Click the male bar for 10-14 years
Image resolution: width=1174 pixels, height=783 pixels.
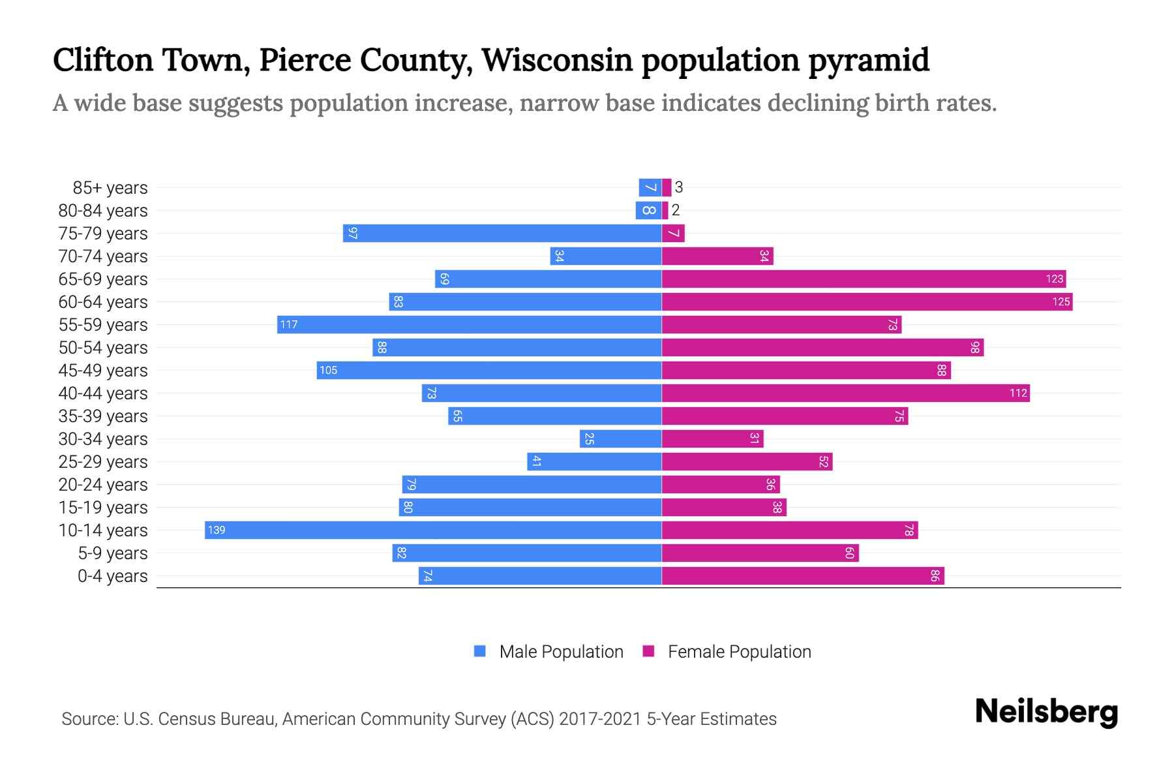coord(433,530)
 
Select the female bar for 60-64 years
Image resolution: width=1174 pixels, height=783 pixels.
coord(867,301)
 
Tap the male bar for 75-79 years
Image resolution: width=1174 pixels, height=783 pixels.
coord(502,233)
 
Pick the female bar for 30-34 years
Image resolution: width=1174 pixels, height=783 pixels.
coord(712,438)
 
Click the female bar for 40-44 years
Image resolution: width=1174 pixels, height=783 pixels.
coord(845,393)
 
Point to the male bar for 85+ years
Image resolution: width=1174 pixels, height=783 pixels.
coord(650,187)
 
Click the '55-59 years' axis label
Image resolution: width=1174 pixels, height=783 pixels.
coord(103,325)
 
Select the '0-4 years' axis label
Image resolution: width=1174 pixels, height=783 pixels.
coord(112,576)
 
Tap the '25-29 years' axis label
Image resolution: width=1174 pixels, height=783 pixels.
coord(103,462)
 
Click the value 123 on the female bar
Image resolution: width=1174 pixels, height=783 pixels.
coord(1054,279)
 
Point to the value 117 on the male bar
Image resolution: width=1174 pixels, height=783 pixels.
coord(288,325)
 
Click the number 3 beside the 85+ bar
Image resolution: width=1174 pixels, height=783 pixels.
coord(679,187)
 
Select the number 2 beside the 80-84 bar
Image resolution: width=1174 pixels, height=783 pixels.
coord(676,210)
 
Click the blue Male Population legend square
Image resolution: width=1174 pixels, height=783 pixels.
coord(480,651)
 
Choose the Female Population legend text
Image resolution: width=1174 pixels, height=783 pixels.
coord(739,652)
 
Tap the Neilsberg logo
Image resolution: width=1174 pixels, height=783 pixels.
coord(1046,713)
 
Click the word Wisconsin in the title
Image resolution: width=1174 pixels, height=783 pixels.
coord(557,60)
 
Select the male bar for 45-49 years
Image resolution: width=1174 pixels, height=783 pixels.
coord(489,370)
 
